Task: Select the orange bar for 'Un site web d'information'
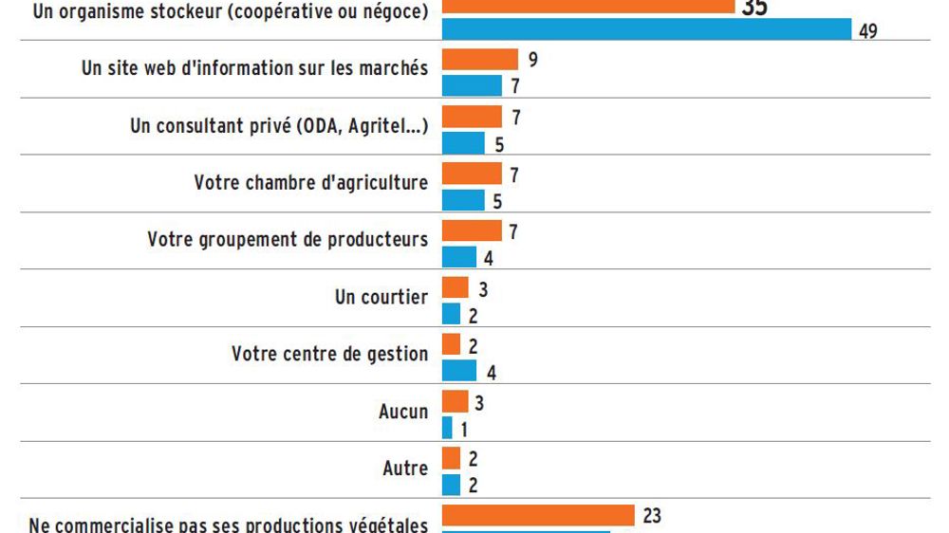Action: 480,60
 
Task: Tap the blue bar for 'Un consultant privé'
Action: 463,143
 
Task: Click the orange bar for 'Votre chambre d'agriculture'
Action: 472,175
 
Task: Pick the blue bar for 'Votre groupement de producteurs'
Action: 459,257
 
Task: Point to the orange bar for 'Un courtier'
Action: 456,287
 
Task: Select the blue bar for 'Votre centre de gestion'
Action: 459,371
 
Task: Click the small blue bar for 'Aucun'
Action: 447,428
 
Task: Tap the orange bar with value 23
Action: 538,515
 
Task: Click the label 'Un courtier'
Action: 381,297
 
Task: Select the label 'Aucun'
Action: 403,412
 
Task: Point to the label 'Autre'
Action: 405,469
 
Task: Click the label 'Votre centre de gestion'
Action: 329,354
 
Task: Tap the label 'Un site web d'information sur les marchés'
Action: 254,69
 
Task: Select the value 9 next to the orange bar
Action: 534,60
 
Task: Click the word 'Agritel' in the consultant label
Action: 362,126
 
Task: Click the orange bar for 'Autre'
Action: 452,458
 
